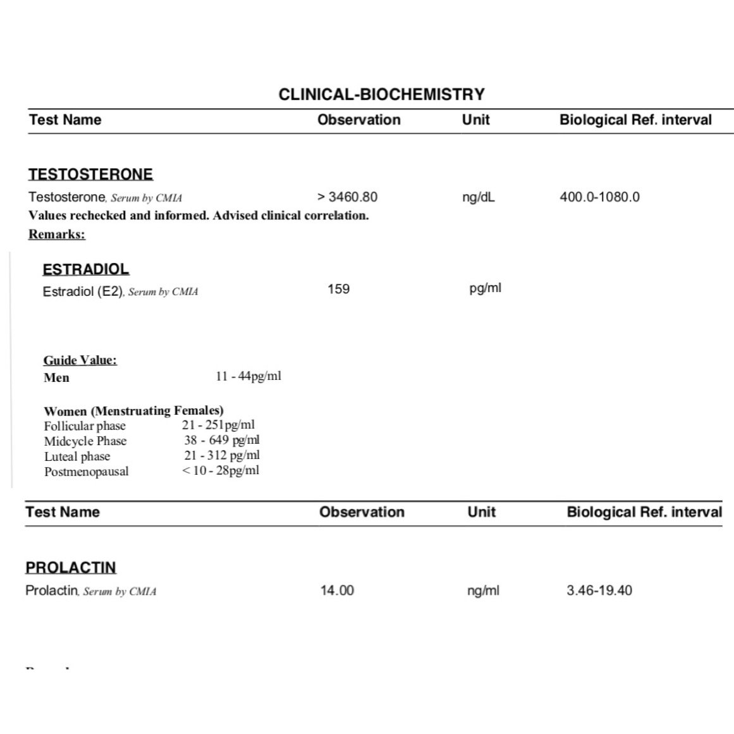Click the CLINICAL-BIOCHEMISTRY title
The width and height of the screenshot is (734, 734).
click(x=381, y=95)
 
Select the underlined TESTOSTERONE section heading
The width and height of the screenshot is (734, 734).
click(x=90, y=174)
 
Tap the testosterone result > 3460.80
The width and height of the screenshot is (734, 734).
click(x=347, y=197)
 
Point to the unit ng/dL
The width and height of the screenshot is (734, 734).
click(x=479, y=197)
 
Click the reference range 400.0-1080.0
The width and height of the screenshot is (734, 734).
click(x=599, y=197)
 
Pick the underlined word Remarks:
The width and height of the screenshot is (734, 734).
click(x=57, y=235)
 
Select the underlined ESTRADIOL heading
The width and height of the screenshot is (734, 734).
click(x=85, y=269)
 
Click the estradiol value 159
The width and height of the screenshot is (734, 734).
click(x=338, y=289)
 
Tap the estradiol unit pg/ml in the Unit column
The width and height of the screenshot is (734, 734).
click(x=485, y=288)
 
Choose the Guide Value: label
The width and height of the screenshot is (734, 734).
click(x=80, y=360)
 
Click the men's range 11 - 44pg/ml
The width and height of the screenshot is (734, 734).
click(x=248, y=376)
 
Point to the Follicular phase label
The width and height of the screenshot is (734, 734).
click(x=85, y=426)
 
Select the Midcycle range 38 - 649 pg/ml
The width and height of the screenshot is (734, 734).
click(x=222, y=440)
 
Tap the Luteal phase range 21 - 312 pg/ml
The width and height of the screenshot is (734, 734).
click(x=222, y=455)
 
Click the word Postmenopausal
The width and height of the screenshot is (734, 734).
click(x=86, y=472)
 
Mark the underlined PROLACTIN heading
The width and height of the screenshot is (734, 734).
click(x=71, y=568)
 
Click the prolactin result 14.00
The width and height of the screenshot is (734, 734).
click(x=337, y=590)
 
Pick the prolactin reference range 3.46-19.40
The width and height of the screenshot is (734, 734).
click(x=599, y=590)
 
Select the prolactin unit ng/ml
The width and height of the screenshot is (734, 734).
click(x=483, y=590)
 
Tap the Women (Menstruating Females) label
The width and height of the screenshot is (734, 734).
click(x=133, y=411)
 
